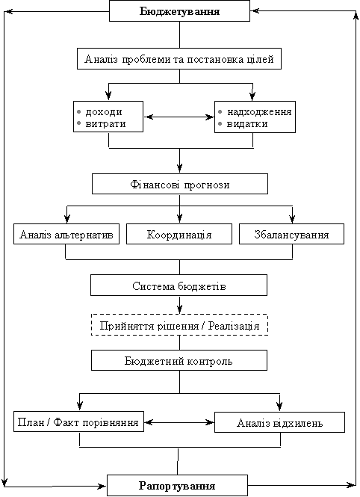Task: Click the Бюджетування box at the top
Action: click(x=179, y=11)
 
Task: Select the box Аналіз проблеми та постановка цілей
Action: click(x=179, y=58)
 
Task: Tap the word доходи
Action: click(x=104, y=112)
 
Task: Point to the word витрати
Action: click(x=105, y=123)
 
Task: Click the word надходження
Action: click(x=259, y=112)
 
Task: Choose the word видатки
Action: click(x=247, y=123)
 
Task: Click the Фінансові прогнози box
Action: click(x=180, y=184)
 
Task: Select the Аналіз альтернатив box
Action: click(x=66, y=234)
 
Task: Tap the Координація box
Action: click(x=179, y=234)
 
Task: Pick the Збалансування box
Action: click(x=291, y=234)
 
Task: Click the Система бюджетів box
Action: click(x=179, y=285)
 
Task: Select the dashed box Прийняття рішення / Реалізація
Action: click(x=179, y=325)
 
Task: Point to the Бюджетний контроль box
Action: click(x=179, y=360)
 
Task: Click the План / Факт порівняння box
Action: click(x=78, y=422)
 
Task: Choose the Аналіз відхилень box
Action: click(x=279, y=422)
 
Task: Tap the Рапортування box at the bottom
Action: click(x=177, y=485)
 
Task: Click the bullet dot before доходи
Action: click(x=79, y=112)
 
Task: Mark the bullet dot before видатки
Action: click(x=220, y=123)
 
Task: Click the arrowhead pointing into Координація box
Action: click(x=179, y=218)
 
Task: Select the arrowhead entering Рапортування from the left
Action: click(x=102, y=487)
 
